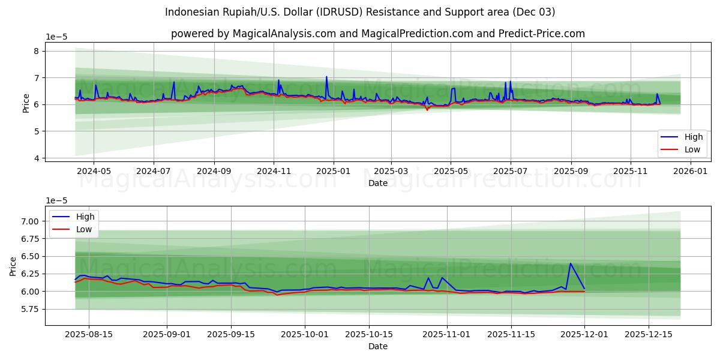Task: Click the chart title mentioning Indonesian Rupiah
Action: pyautogui.click(x=360, y=12)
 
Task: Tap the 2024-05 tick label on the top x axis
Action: pyautogui.click(x=94, y=171)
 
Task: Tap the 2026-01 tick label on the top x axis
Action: pyautogui.click(x=690, y=171)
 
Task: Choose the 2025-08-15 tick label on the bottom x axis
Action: pyautogui.click(x=89, y=335)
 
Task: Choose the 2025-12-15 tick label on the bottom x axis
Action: pyautogui.click(x=648, y=335)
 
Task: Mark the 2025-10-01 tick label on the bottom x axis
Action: pyautogui.click(x=305, y=335)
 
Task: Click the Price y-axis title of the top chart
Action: pyautogui.click(x=26, y=103)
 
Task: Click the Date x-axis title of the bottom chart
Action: pyautogui.click(x=378, y=346)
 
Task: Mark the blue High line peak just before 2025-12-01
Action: pyautogui.click(x=570, y=263)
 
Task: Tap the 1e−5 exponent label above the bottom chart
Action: pyautogui.click(x=57, y=200)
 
